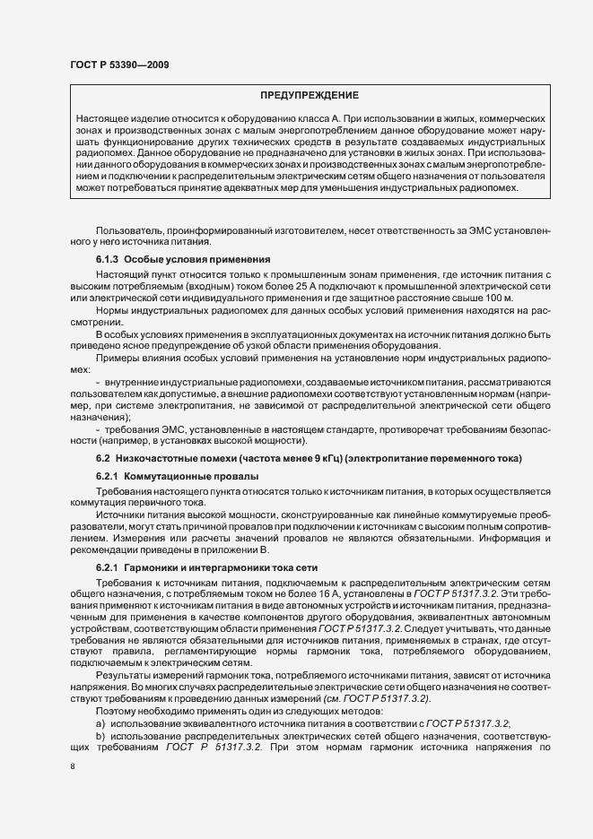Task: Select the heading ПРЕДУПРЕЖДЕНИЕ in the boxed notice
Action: coord(310,95)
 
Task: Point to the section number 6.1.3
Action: coord(107,259)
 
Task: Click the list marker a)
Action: coord(100,722)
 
